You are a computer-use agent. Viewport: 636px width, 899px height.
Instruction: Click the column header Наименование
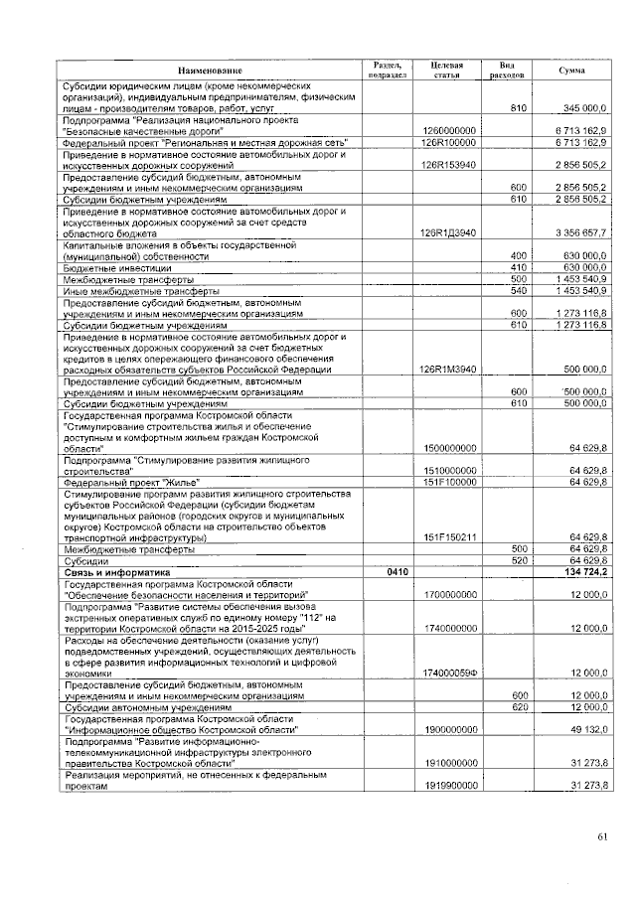[210, 71]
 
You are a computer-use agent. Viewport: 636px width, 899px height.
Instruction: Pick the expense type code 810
[517, 107]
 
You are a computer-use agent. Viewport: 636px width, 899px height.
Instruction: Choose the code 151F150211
[449, 537]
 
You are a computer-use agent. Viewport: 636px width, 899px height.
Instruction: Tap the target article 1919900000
[449, 785]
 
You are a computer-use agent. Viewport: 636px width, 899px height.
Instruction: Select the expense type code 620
[517, 706]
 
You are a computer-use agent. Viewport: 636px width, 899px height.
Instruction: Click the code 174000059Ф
[449, 672]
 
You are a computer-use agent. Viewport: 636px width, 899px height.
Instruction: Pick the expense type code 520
[517, 561]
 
